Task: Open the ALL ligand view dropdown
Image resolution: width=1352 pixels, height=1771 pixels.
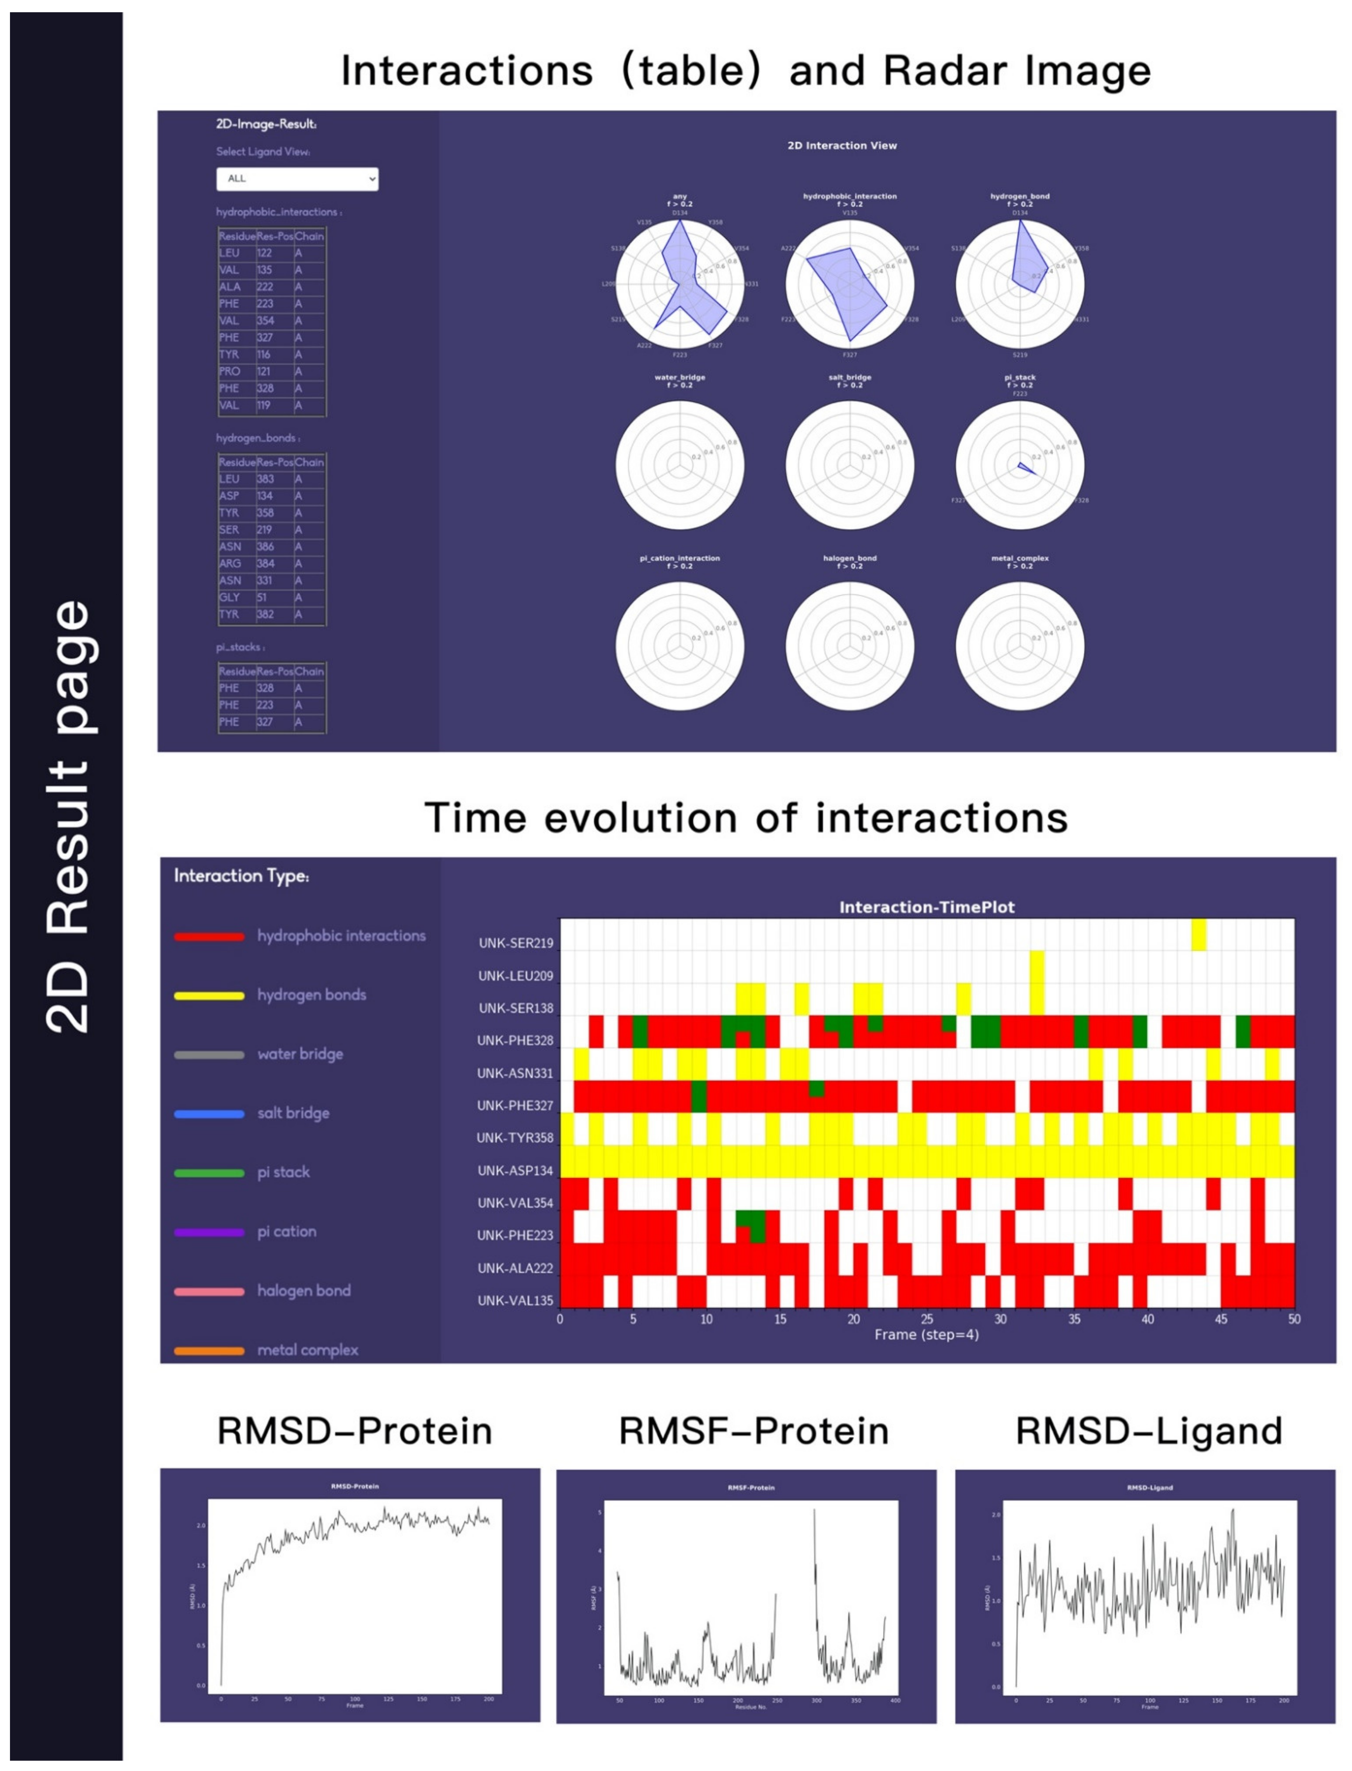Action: coord(297,179)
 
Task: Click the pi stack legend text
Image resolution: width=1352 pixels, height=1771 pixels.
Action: coord(283,1172)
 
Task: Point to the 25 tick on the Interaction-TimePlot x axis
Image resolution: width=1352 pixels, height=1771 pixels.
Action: coord(927,1319)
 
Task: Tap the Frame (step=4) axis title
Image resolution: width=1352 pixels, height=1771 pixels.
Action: coord(926,1335)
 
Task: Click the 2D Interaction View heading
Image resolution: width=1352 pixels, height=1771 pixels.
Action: coord(842,146)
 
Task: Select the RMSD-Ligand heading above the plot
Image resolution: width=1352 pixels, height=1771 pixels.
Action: coord(1149,1430)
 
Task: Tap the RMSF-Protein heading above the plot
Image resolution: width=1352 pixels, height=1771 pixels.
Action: coord(753,1430)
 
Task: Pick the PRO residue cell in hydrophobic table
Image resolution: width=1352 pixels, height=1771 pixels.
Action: coord(229,371)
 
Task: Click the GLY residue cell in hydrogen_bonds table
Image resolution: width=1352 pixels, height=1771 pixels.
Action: coord(229,597)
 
